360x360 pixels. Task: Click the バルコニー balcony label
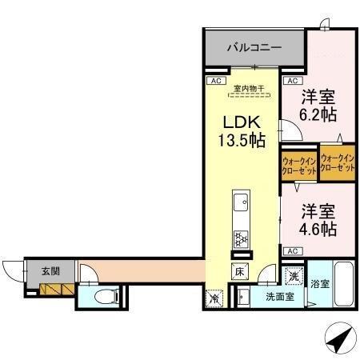[x=254, y=48]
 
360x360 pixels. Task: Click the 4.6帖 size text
[x=318, y=229]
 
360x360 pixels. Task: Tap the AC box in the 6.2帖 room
[x=292, y=82]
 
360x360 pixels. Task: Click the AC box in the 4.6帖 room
[x=292, y=251]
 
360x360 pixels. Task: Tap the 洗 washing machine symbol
[x=294, y=276]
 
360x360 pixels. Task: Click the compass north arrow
[x=339, y=340]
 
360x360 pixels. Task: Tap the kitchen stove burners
[x=239, y=238]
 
